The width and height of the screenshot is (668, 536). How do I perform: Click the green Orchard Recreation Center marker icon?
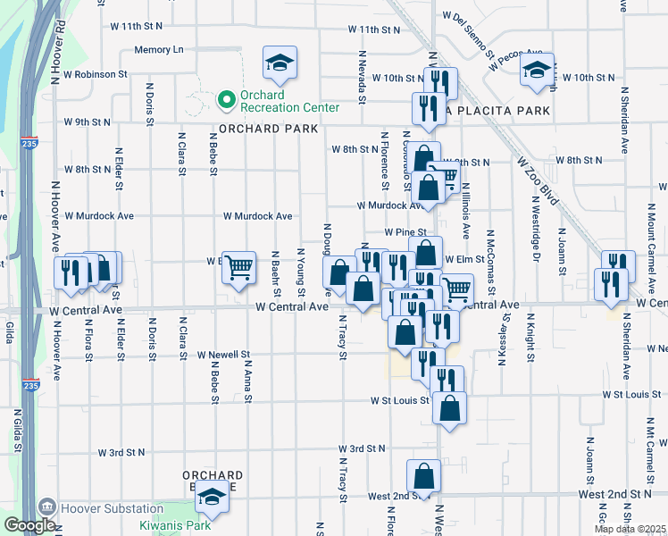pyautogui.click(x=226, y=100)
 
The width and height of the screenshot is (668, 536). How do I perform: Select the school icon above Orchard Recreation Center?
pyautogui.click(x=280, y=63)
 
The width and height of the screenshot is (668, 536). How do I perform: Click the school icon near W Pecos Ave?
pyautogui.click(x=537, y=73)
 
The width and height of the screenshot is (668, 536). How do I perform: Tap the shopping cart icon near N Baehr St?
pyautogui.click(x=238, y=267)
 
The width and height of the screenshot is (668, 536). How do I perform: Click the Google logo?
pyautogui.click(x=29, y=525)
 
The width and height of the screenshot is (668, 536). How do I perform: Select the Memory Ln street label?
pyautogui.click(x=158, y=50)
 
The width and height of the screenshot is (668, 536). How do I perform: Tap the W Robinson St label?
pyautogui.click(x=99, y=74)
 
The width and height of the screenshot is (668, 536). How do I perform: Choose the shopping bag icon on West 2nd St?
pyautogui.click(x=424, y=477)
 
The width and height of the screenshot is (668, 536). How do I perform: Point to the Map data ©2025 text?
pyautogui.click(x=630, y=529)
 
